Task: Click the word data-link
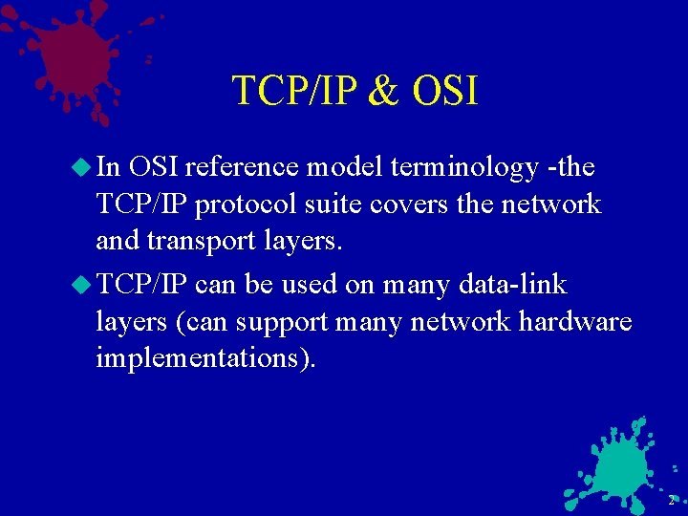pos(513,285)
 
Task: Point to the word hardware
pos(575,321)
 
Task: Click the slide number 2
pos(671,501)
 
